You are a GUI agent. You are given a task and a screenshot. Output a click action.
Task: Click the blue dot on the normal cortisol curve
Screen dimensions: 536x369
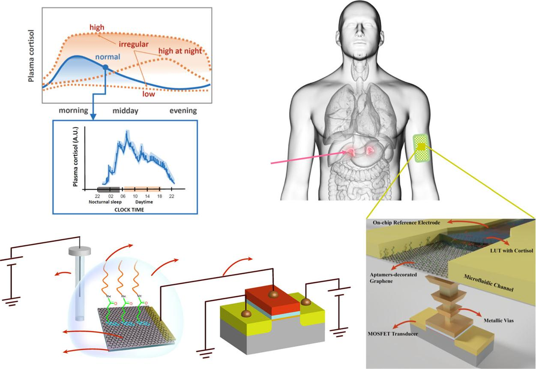[105, 67]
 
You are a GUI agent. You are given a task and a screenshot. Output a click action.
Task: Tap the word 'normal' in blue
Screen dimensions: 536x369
[108, 57]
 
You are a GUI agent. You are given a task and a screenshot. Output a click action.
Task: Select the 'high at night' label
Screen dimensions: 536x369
[180, 51]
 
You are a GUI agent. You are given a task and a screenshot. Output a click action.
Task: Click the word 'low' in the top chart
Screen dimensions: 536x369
[149, 94]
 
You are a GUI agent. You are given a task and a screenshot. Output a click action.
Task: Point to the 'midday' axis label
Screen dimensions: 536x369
[126, 110]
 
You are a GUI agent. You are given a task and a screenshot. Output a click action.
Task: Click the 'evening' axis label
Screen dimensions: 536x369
[183, 110]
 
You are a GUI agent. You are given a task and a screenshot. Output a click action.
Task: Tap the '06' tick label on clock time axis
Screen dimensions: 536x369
[123, 196]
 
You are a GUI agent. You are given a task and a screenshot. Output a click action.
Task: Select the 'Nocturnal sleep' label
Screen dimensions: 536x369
[105, 202]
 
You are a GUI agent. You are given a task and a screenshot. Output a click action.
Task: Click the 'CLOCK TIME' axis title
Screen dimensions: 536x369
[129, 210]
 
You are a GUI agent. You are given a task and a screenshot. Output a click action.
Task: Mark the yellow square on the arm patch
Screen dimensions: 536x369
[421, 147]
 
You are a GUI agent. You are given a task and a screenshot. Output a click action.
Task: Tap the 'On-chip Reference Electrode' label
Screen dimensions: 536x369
[406, 223]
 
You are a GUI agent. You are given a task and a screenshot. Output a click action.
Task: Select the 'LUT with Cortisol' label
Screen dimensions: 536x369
[512, 251]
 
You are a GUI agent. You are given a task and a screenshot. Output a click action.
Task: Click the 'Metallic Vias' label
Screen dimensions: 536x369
[499, 321]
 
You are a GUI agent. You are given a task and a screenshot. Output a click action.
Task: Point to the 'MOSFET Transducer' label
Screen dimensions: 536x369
[392, 333]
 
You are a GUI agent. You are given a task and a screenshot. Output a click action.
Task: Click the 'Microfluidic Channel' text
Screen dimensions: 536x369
[488, 283]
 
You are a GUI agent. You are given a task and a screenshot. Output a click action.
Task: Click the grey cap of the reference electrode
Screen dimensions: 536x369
[80, 251]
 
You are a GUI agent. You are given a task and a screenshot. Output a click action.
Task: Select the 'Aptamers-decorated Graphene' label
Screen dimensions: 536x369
[393, 278]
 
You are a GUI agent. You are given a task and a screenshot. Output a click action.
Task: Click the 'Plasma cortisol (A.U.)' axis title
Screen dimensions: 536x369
[75, 157]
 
